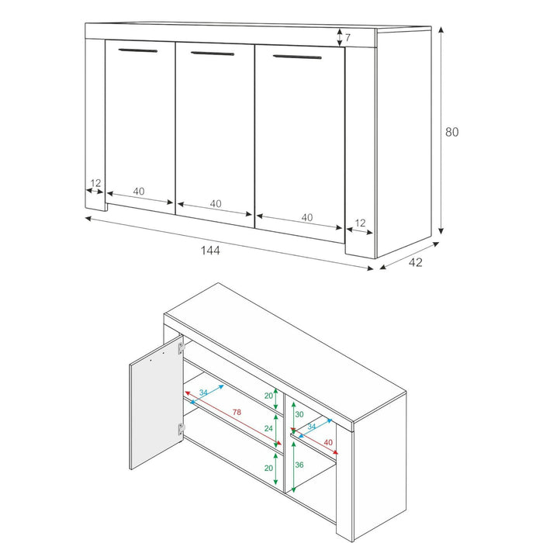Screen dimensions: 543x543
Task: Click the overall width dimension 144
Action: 210,251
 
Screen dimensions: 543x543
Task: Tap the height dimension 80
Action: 451,132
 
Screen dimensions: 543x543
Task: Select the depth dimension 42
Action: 415,262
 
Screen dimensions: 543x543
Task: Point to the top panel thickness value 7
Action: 348,37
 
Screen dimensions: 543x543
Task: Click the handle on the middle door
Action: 212,54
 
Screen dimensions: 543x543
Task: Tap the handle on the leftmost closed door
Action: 137,50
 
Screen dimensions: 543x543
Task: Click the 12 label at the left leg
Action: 95,184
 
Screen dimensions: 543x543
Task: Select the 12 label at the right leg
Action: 360,223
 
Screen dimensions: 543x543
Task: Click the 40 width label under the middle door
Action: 215,204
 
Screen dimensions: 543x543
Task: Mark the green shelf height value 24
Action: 269,427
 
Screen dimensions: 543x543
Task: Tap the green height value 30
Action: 299,415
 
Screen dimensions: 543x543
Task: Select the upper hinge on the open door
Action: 182,348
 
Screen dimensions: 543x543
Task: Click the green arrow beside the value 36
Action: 294,465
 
